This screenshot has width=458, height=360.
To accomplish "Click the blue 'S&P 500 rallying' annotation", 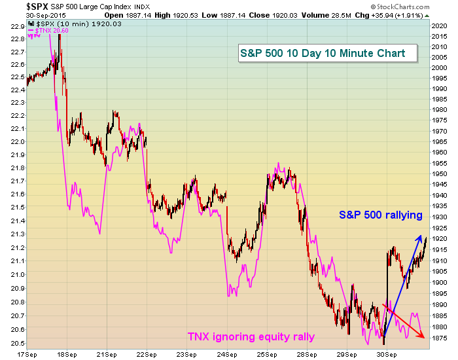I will coord(380,215).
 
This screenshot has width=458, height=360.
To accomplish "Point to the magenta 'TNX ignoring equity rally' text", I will coord(251,337).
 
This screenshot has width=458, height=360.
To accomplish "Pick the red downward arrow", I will coord(403,321).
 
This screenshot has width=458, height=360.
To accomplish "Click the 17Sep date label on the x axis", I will coord(26,353).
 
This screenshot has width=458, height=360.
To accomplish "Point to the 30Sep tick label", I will coord(387,353).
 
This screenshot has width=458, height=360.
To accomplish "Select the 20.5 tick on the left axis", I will coord(13,344).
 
